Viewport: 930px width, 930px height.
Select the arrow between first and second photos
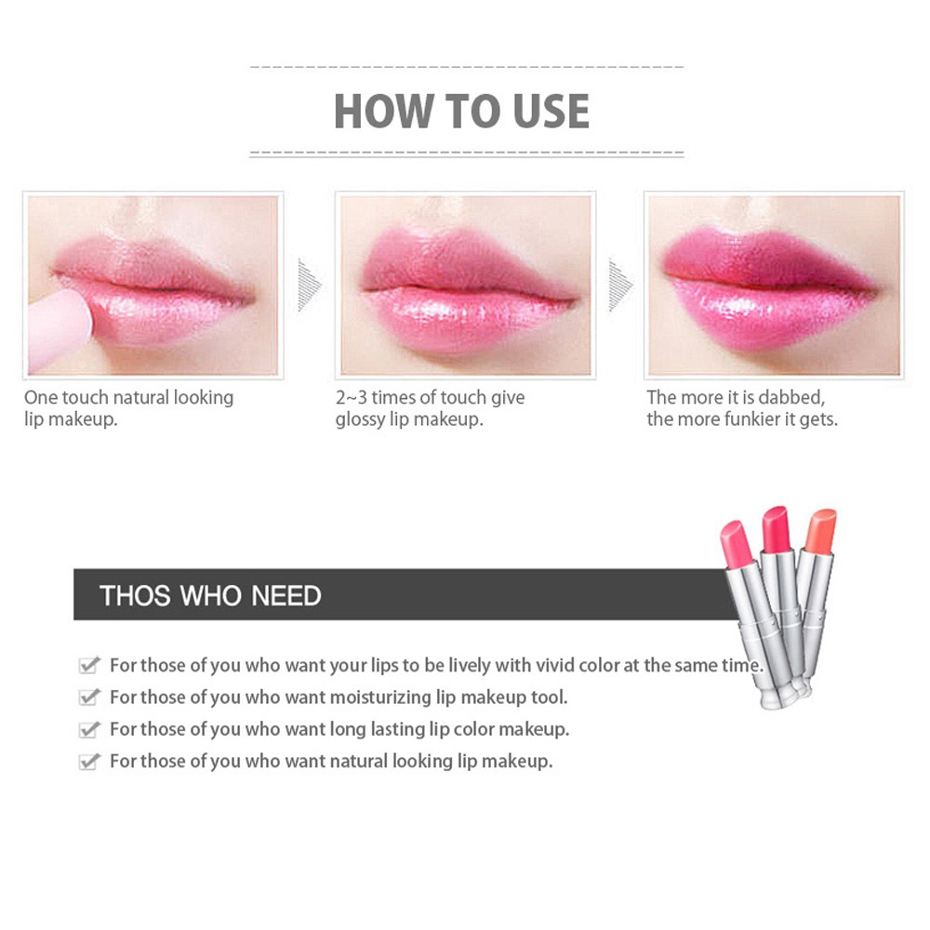click(x=309, y=285)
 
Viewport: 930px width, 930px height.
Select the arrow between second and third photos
click(x=620, y=285)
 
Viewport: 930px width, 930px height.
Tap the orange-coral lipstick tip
click(x=821, y=529)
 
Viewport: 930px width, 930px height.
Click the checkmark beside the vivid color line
click(x=89, y=665)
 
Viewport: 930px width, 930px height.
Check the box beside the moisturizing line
click(x=89, y=697)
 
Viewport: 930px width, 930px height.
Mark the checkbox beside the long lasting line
click(x=89, y=729)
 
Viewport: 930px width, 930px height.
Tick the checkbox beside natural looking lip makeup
click(x=89, y=762)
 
